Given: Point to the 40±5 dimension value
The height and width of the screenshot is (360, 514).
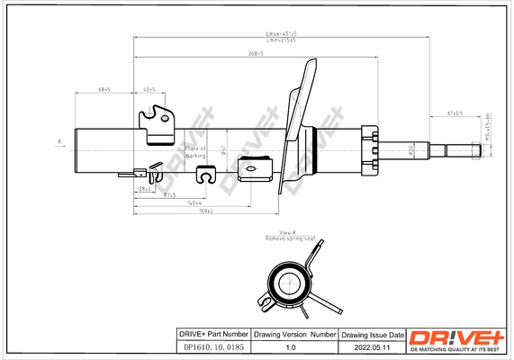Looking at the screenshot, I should point(149,90).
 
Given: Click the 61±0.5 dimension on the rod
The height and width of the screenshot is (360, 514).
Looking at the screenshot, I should point(455,114).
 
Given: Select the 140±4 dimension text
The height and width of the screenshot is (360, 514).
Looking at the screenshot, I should point(193,203).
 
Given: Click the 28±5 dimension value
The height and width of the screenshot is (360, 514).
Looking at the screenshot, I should point(144,190).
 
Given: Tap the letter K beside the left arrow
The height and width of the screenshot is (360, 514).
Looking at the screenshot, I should point(60,141).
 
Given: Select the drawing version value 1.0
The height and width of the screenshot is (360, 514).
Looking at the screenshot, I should point(291,347).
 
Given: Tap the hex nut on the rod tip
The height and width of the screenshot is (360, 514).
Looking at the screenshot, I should point(474,150).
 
